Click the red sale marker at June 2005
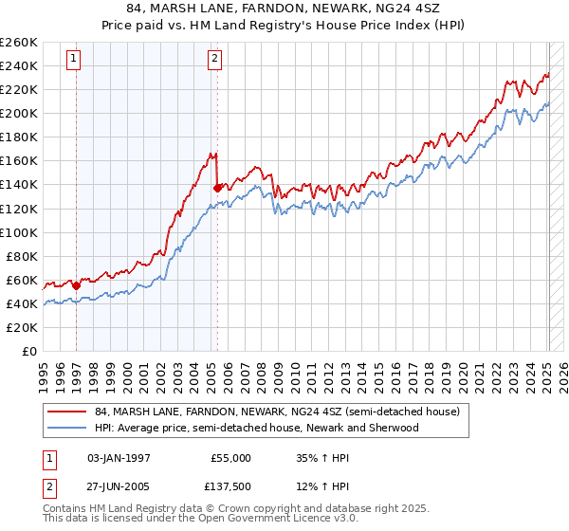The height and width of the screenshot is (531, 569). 217,188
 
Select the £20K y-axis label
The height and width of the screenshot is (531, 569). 21,327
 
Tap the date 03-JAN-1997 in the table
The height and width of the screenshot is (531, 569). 119,457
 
